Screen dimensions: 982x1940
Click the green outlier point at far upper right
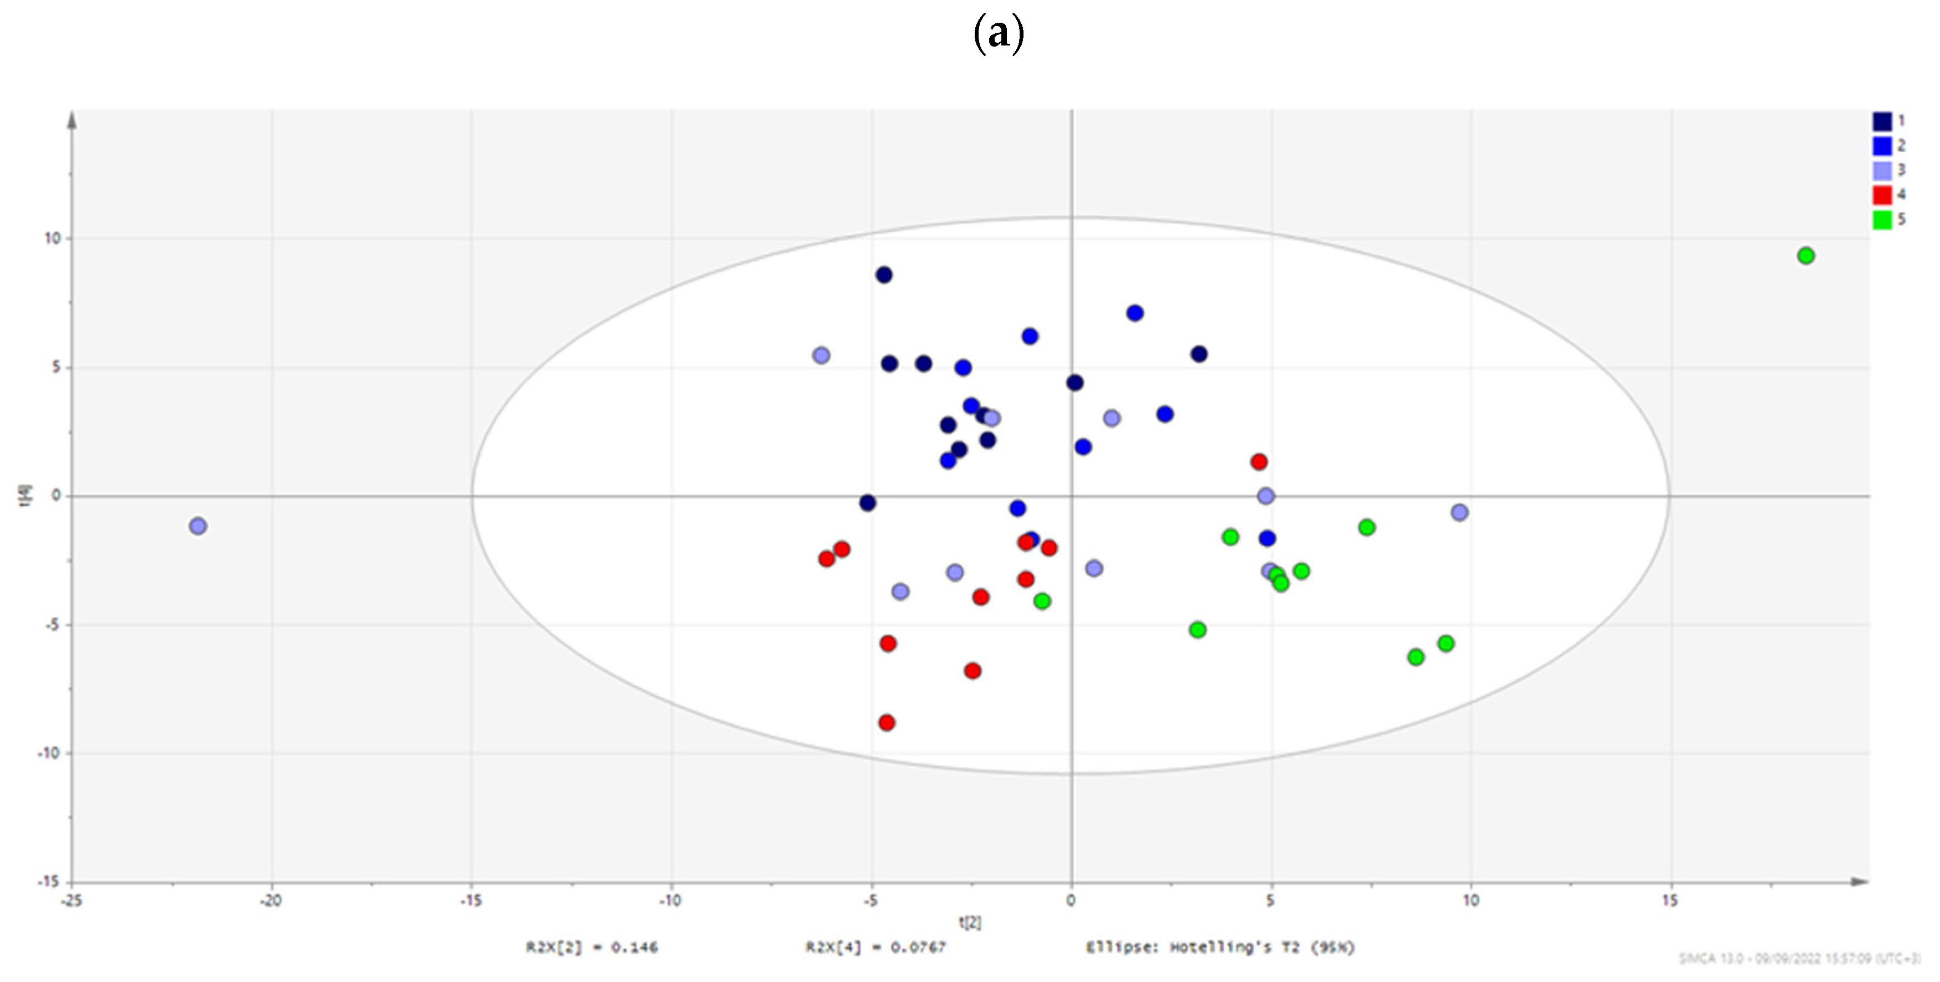pos(1805,256)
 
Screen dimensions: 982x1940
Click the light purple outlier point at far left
pos(198,526)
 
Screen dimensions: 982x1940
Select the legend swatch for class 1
pos(1882,121)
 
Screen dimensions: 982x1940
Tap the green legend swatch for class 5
pos(1882,220)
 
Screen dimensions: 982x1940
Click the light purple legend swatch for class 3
pos(1882,170)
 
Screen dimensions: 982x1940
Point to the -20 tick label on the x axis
pos(271,900)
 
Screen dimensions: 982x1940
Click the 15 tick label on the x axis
pos(1669,900)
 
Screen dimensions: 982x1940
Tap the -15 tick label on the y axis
pos(50,882)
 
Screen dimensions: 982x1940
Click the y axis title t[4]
pos(27,496)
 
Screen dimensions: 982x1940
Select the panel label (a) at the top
pos(999,34)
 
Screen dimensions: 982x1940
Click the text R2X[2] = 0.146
pos(592,948)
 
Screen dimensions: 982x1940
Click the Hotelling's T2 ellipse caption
pos(1220,948)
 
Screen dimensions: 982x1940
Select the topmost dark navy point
pos(884,276)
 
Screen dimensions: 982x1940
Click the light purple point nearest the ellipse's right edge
pos(1459,513)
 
